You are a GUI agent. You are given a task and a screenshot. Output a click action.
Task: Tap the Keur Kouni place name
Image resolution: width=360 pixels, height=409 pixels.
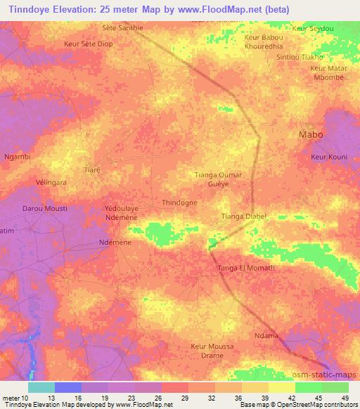(x=329, y=157)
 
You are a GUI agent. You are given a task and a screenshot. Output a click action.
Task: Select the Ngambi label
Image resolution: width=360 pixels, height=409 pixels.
(x=18, y=157)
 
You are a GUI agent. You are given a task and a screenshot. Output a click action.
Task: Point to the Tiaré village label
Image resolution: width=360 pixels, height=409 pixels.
(x=92, y=171)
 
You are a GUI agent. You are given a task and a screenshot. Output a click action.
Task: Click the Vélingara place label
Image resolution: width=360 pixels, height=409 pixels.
(x=51, y=182)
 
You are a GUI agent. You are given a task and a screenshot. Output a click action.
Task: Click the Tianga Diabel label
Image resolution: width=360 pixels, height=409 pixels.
(x=243, y=216)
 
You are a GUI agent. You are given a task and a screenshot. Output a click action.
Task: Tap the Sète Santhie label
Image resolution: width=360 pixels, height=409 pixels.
(x=122, y=27)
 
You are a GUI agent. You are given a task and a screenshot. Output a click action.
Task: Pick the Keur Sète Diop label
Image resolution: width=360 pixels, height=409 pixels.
(x=88, y=44)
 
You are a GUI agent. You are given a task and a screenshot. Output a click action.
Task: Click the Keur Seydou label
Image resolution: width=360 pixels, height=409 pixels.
(x=314, y=27)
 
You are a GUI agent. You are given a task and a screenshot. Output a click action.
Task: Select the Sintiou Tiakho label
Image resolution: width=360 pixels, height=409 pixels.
(x=300, y=56)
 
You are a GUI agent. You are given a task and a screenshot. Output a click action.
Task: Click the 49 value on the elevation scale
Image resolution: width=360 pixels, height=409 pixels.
(x=345, y=398)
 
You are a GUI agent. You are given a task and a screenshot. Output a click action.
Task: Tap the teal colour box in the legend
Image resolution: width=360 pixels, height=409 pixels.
(x=41, y=387)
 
